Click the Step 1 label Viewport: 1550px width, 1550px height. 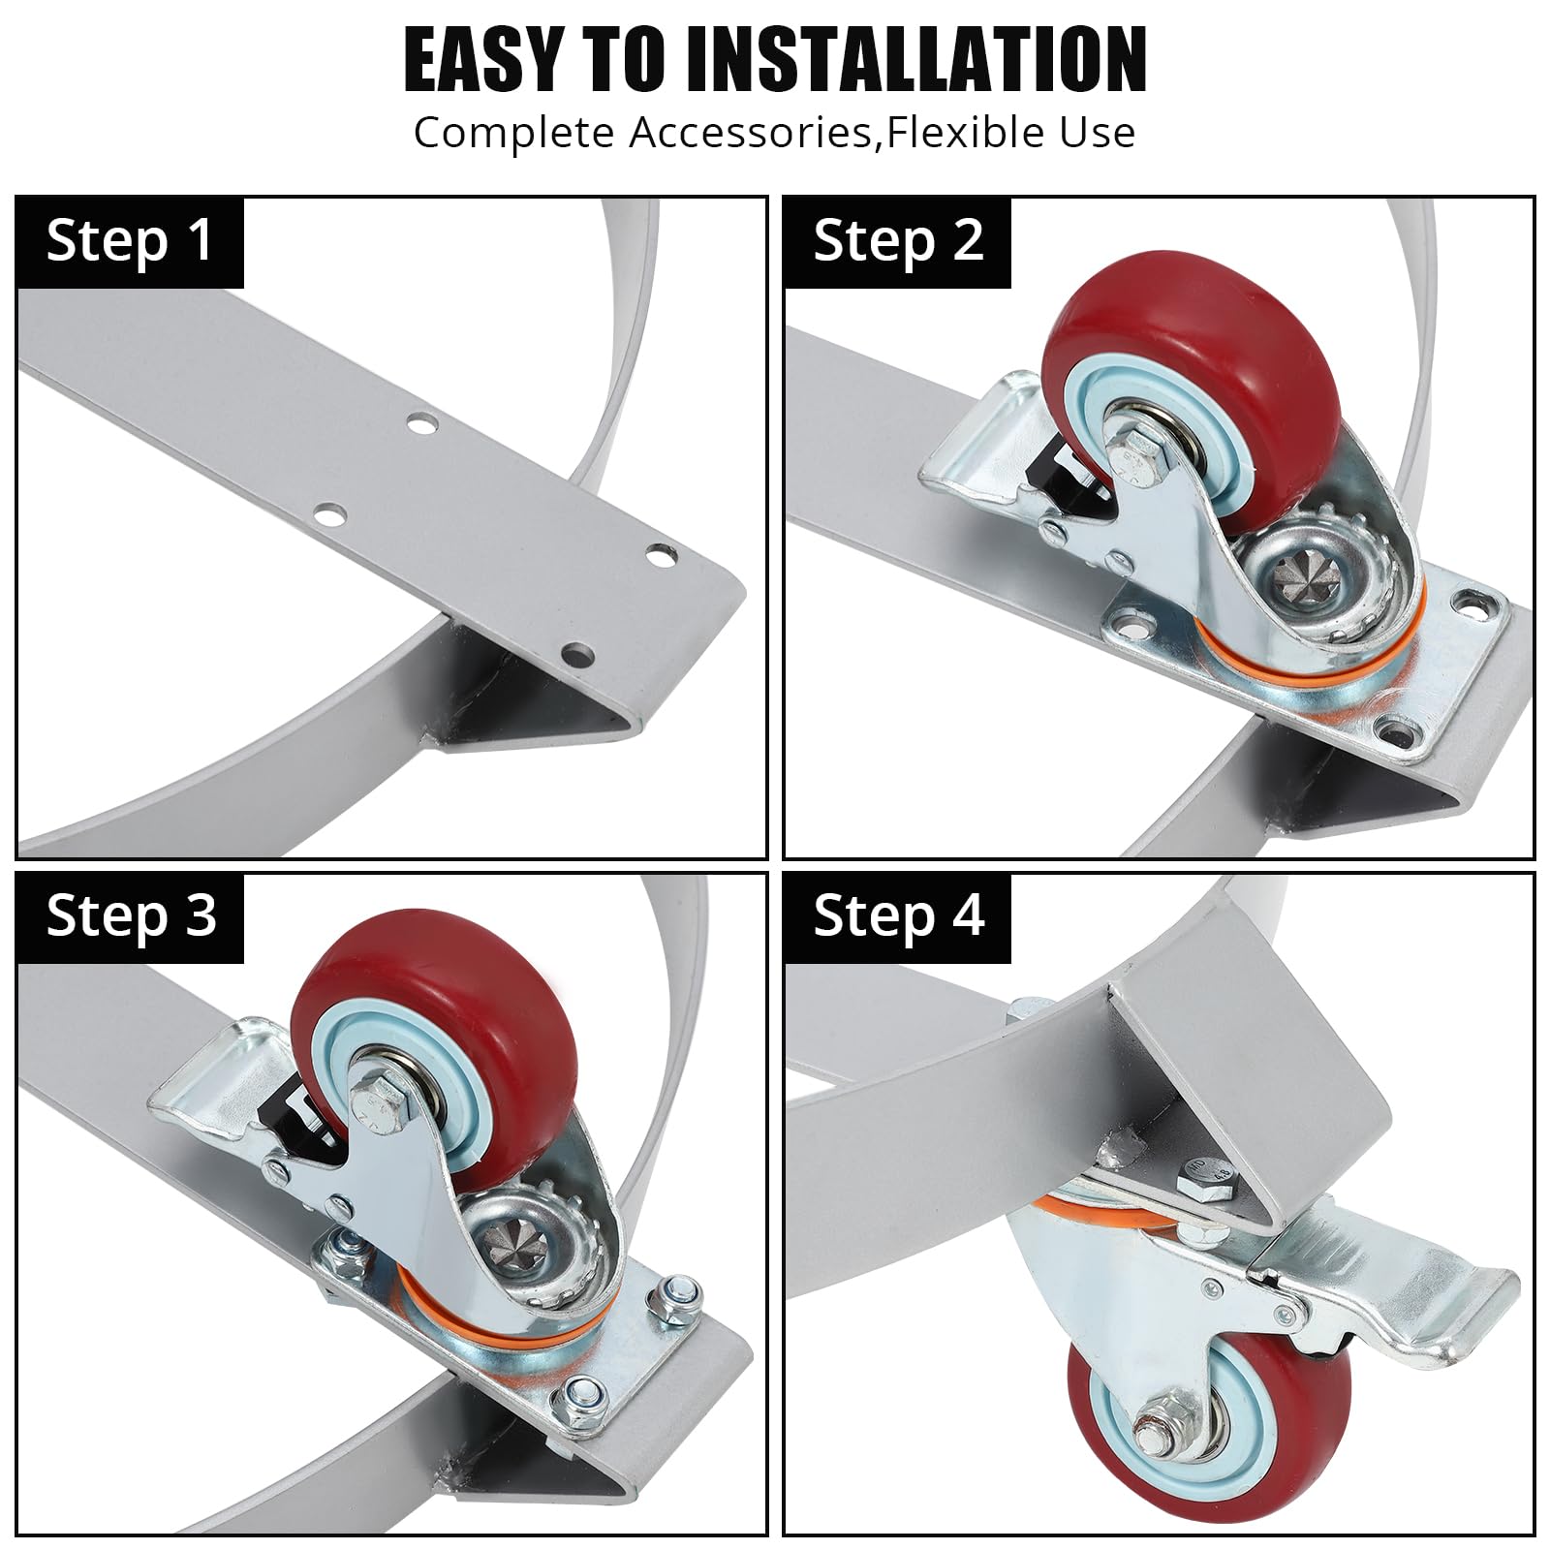coord(130,241)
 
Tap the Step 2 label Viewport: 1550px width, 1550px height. coord(899,241)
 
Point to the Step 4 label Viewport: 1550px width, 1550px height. coord(899,916)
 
